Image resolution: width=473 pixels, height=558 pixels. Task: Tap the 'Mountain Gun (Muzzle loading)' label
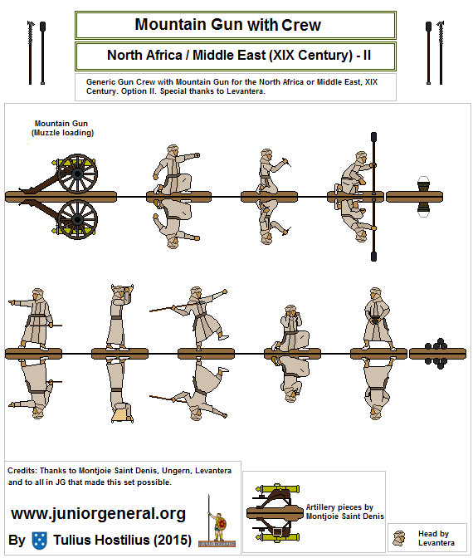pyautogui.click(x=62, y=128)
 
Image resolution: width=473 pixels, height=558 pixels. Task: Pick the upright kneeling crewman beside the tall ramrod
pyautogui.click(x=355, y=172)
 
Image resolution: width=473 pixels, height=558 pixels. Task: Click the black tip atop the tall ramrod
pyautogui.click(x=374, y=136)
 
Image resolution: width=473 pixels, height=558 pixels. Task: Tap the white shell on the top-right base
pyautogui.click(x=423, y=184)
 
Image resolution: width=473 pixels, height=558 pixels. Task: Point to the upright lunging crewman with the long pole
pyautogui.click(x=196, y=317)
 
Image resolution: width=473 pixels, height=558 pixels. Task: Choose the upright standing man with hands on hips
pyautogui.click(x=378, y=319)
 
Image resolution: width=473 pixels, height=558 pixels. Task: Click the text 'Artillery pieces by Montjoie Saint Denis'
pyautogui.click(x=344, y=511)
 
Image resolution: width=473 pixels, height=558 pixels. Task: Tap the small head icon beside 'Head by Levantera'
pyautogui.click(x=402, y=536)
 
